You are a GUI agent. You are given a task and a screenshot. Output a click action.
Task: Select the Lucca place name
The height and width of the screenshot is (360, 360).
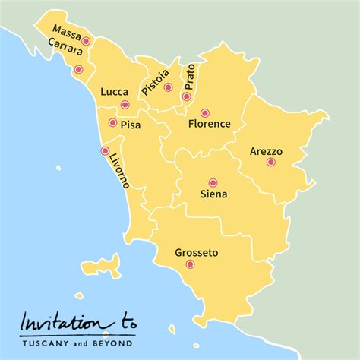114,92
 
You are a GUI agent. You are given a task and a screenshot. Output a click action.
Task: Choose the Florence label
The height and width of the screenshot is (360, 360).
209,123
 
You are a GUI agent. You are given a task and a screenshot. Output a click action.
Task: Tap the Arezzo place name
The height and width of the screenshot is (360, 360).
266,151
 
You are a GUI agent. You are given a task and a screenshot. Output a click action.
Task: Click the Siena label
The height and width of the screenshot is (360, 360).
213,194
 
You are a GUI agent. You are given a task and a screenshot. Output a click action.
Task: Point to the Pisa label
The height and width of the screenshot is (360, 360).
130,122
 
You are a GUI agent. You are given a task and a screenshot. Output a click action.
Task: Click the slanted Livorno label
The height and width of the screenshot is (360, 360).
118,168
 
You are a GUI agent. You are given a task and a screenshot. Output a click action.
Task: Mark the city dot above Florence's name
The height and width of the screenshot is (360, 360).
204,113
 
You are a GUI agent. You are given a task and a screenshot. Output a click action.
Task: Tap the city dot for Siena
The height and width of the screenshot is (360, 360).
213,182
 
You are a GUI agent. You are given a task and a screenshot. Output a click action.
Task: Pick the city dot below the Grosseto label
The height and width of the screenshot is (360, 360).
190,264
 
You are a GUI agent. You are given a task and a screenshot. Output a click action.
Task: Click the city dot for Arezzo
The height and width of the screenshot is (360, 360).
270,162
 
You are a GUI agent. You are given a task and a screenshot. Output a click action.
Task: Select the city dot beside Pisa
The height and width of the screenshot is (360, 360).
112,122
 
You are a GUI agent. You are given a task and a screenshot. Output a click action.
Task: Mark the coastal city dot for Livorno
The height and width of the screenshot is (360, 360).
105,150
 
